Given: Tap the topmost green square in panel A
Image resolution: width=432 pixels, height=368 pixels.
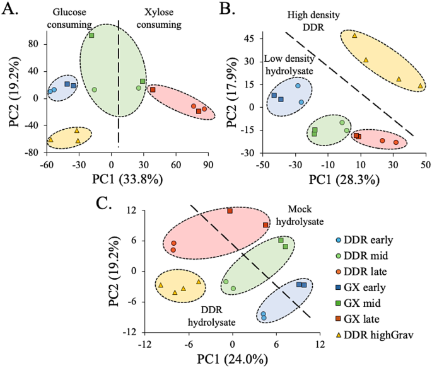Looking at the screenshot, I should [x=91, y=35].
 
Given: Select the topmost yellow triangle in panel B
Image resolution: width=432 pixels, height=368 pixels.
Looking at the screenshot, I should [x=354, y=36].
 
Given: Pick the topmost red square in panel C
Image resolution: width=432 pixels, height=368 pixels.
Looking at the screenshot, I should [x=230, y=211].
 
